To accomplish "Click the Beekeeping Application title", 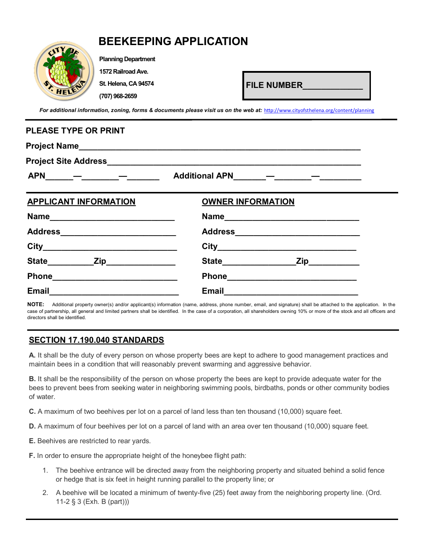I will (173, 42).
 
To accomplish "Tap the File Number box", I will (306, 85).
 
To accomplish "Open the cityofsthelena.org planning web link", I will (319, 111).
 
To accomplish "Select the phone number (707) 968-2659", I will (118, 96).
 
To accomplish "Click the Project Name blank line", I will (219, 147).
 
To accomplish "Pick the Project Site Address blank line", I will (234, 162).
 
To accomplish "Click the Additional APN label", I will (203, 176).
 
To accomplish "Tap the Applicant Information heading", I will (81, 202).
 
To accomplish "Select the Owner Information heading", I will (248, 202).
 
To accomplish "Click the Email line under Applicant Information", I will (114, 292).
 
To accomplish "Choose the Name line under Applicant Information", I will (112, 217).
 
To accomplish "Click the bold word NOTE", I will (36, 304).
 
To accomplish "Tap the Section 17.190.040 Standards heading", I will (96, 340).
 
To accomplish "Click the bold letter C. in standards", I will (32, 412).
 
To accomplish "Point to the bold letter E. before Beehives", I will (32, 441).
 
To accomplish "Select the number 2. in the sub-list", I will (45, 493).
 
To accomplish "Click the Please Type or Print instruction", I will (75, 131).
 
